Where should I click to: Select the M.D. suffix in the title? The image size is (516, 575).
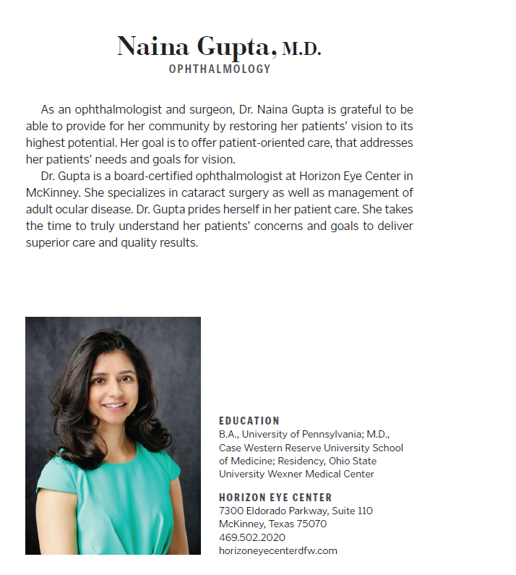301,50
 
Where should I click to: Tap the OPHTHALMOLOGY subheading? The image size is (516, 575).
220,69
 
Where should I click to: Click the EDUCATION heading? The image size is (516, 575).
249,421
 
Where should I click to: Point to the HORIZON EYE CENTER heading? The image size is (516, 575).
275,498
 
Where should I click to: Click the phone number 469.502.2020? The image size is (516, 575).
252,537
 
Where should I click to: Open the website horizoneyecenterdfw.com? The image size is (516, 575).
278,550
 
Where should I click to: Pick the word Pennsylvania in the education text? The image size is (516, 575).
337,435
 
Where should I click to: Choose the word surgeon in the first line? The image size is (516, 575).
195,110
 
